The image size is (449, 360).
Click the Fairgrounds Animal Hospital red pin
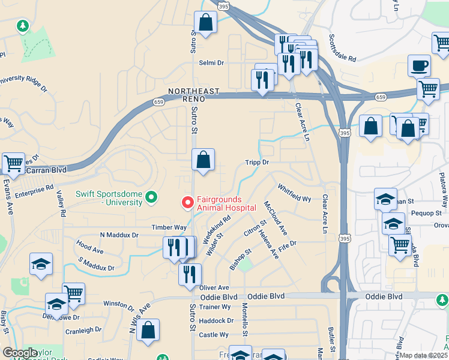(188, 203)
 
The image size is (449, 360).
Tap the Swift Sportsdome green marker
(152, 197)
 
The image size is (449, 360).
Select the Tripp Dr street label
(256, 162)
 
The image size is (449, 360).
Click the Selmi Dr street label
(211, 62)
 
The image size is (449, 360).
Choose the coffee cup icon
(419, 65)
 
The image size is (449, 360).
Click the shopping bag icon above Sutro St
(205, 23)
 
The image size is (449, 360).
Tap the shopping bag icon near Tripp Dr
(203, 160)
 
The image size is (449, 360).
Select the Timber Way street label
(169, 227)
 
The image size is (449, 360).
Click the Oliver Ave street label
(214, 288)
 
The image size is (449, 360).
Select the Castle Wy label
(214, 335)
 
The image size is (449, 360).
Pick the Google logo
(20, 353)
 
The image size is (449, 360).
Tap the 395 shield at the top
(223, 6)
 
